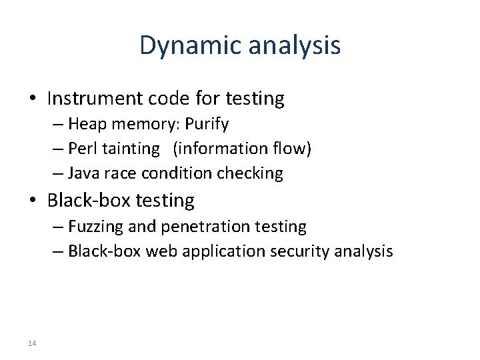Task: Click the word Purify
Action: click(x=206, y=124)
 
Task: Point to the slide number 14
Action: click(x=33, y=343)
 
